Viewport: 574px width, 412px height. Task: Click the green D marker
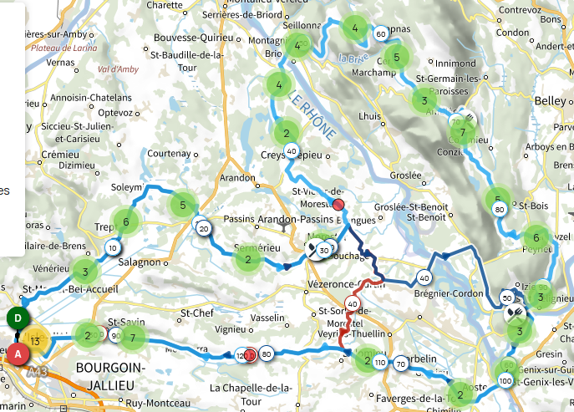pos(15,318)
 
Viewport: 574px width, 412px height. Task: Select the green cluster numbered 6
pos(125,221)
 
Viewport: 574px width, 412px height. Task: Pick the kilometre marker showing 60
pos(381,34)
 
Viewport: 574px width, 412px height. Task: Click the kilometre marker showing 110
pos(381,364)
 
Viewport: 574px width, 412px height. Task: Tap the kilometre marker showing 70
pos(401,364)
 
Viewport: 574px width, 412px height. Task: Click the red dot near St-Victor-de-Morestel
pos(338,205)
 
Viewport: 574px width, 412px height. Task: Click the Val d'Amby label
pos(118,69)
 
